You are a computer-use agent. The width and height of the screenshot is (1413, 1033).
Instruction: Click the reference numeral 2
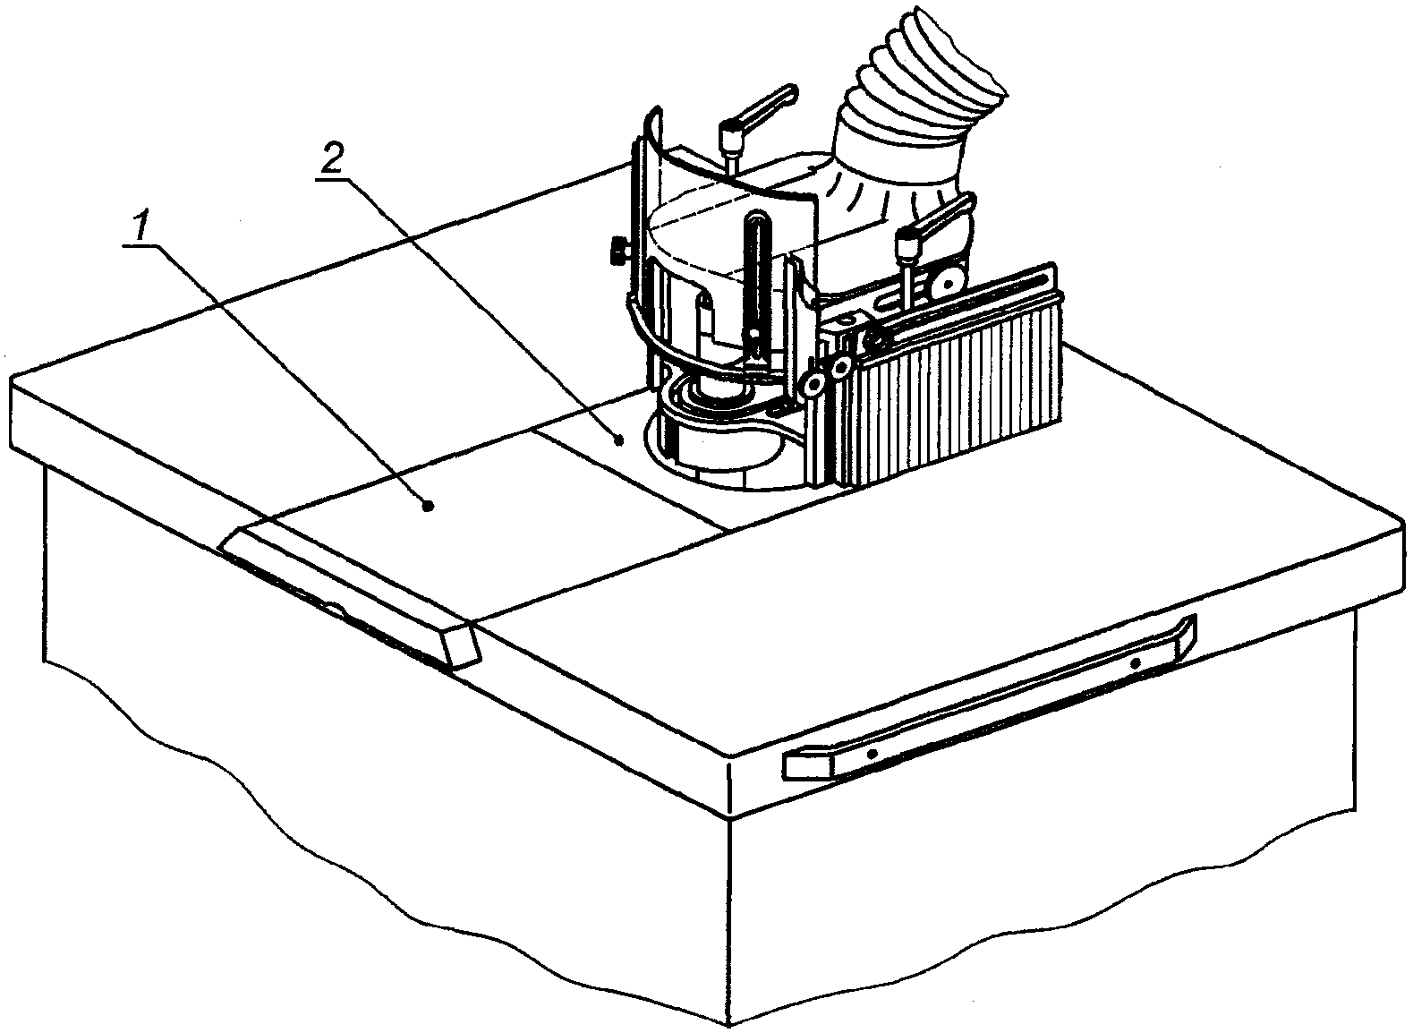coord(330,160)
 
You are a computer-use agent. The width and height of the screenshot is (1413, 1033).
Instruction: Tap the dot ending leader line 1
coord(429,507)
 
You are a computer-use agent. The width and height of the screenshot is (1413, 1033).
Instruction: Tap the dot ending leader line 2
coord(619,439)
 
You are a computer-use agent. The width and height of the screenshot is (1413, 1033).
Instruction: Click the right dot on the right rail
coord(1135,663)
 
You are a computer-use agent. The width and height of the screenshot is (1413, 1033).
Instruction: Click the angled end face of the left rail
coord(460,645)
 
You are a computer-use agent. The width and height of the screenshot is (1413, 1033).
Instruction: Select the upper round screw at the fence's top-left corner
coord(842,368)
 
